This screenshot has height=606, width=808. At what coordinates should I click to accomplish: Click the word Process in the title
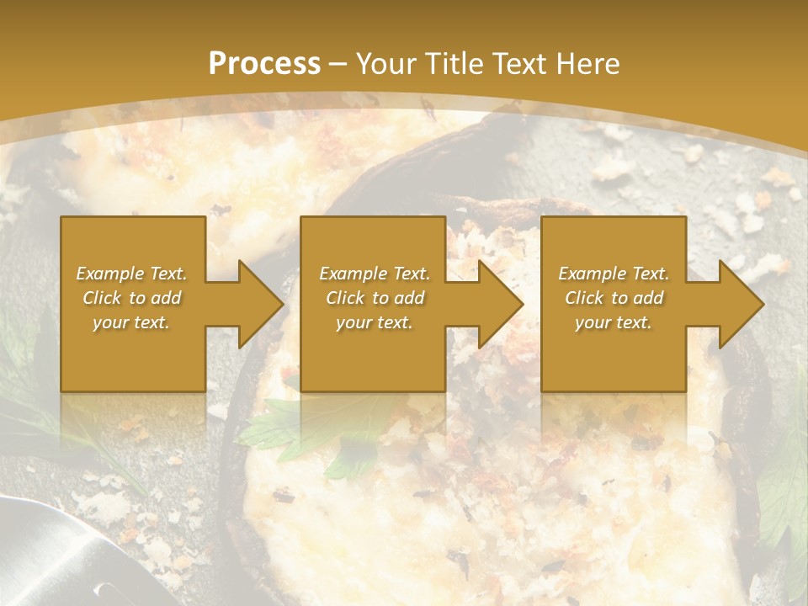264,63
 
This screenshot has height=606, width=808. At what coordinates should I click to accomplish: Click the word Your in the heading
384,63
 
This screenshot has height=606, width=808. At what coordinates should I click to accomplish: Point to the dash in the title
338,64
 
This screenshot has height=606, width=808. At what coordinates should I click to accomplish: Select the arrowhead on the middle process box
499,304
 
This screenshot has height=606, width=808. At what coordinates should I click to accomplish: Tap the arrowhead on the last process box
739,304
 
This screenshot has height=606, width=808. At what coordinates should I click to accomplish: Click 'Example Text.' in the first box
131,274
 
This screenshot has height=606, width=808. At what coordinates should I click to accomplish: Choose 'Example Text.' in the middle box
375,274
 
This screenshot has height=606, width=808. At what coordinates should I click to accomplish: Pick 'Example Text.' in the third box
614,274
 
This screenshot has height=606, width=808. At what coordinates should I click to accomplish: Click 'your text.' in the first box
131,322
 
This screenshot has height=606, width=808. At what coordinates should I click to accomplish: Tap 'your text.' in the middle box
375,322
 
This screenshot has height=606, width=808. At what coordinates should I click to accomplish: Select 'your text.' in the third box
614,322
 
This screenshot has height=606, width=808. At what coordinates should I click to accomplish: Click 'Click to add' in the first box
131,298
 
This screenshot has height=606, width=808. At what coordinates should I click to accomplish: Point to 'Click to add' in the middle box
375,298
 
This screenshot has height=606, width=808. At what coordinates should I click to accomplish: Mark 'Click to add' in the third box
614,298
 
